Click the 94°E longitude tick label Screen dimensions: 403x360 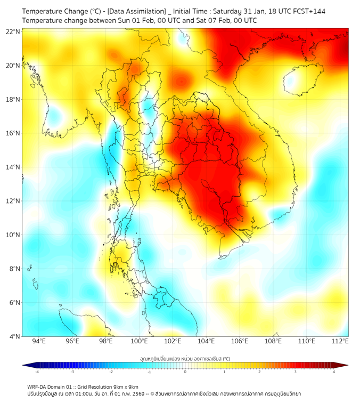click(x=39, y=341)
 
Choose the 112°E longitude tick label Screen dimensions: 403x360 click(x=340, y=341)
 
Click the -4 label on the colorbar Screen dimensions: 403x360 click(x=37, y=372)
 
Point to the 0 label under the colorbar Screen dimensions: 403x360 click(x=185, y=372)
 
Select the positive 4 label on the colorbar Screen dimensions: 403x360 click(x=334, y=372)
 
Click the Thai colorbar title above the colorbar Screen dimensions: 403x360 click(x=185, y=359)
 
